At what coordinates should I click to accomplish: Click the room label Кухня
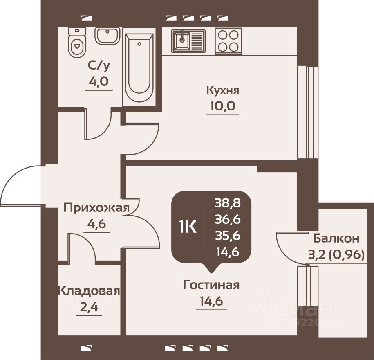click(222, 90)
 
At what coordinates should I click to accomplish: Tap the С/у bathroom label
click(99, 65)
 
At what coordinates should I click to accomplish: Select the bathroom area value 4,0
click(99, 81)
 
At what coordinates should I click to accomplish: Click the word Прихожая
click(96, 208)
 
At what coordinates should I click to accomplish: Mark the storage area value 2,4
click(89, 307)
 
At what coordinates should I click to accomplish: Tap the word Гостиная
click(211, 285)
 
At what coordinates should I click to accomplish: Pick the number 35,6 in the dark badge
click(227, 236)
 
